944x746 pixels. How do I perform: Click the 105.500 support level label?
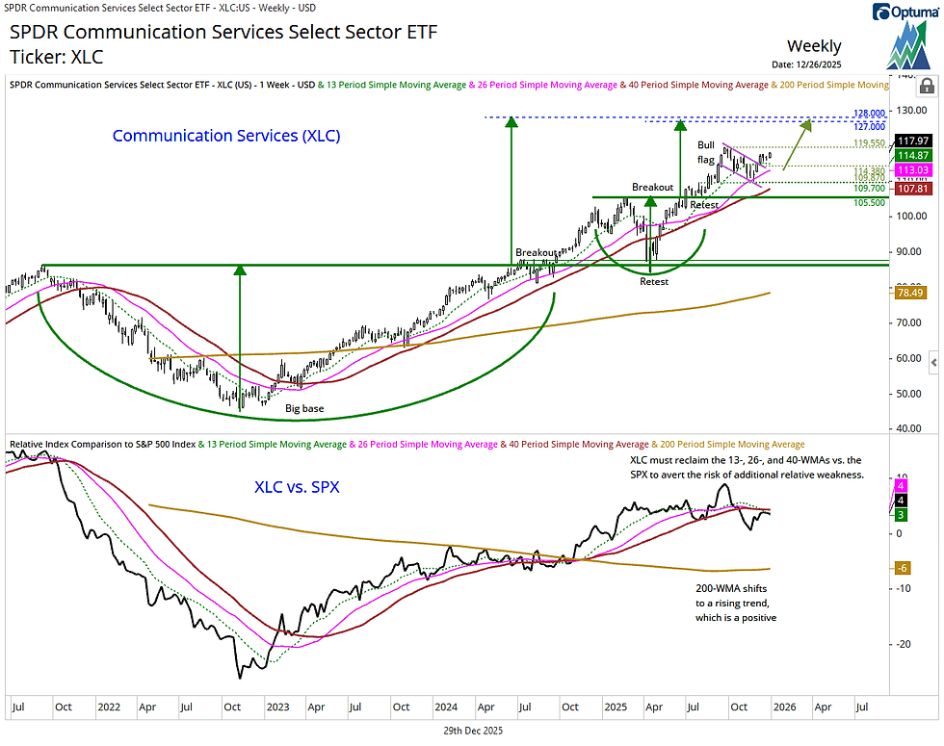(870, 203)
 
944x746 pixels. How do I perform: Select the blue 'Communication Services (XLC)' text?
(226, 136)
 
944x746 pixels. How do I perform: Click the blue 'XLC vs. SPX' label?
(297, 487)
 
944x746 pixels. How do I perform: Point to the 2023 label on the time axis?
(278, 707)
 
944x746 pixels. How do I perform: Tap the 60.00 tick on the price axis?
(907, 358)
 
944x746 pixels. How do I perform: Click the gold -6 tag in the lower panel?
(905, 569)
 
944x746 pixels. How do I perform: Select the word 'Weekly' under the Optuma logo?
(814, 46)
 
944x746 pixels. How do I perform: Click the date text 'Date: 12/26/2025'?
(814, 64)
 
